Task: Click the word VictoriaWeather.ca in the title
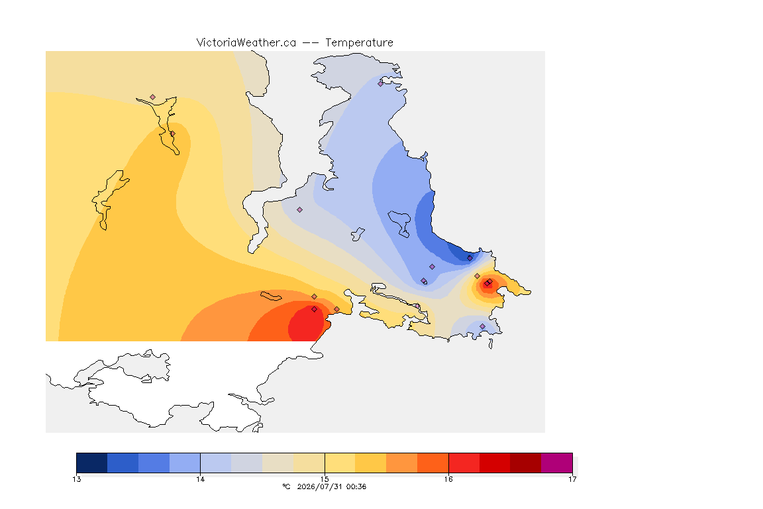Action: click(246, 43)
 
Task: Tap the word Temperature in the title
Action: click(359, 43)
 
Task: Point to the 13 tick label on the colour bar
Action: click(77, 479)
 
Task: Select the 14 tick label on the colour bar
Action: click(201, 479)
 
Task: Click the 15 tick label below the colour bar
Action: click(325, 479)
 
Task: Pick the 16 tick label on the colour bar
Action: click(448, 479)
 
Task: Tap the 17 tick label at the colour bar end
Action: click(572, 479)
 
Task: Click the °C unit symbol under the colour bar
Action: click(286, 486)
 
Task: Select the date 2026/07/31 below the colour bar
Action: click(319, 486)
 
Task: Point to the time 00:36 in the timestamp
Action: click(356, 486)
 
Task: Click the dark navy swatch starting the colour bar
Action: click(92, 463)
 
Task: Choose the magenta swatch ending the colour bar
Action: click(556, 463)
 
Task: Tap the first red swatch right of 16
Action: click(464, 463)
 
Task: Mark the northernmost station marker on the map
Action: click(381, 84)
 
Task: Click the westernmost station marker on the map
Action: click(153, 97)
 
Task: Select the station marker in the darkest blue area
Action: click(470, 258)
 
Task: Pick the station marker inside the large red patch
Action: click(315, 310)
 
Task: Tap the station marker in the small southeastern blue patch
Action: click(482, 326)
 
